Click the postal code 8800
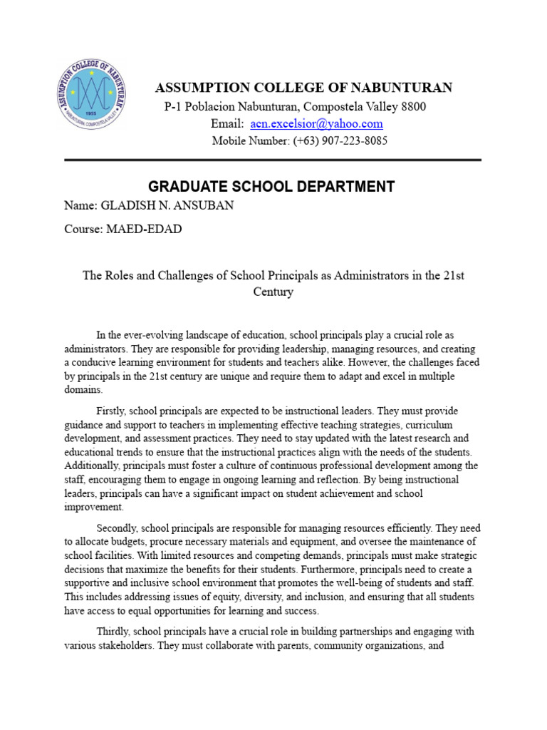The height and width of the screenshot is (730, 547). coord(413,106)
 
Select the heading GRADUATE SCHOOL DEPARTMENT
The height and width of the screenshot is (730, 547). coord(271,187)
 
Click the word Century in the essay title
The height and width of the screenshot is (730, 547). coord(273,292)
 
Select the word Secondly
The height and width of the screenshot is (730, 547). coord(118,528)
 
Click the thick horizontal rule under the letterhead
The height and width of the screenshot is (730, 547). coord(273,160)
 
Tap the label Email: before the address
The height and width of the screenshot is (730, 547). coord(227,123)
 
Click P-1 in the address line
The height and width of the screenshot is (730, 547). coord(174,106)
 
